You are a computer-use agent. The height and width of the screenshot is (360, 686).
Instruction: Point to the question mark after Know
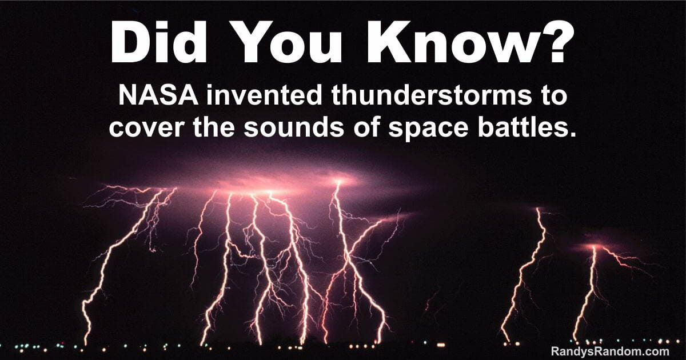(x=550, y=41)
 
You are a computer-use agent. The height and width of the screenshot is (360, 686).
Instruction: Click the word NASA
(x=158, y=95)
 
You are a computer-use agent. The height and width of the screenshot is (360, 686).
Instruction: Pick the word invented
(x=264, y=95)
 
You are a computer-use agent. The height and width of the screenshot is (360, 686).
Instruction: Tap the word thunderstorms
(x=431, y=95)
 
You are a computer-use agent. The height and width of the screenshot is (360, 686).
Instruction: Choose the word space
(x=428, y=129)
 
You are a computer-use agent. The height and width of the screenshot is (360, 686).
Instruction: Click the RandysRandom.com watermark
(x=610, y=350)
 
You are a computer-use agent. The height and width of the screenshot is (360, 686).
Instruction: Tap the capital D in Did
(x=131, y=42)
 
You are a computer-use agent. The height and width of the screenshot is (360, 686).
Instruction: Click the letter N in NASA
(x=127, y=95)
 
